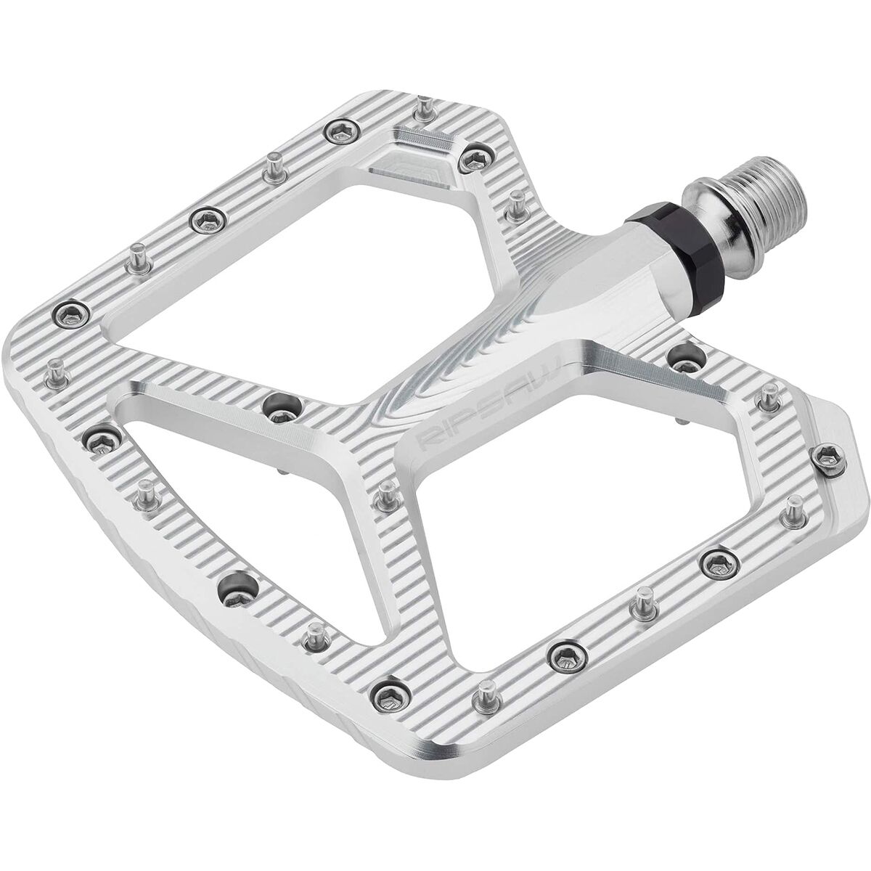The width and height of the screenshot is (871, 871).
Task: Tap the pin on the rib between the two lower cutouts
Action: tap(386, 493)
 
